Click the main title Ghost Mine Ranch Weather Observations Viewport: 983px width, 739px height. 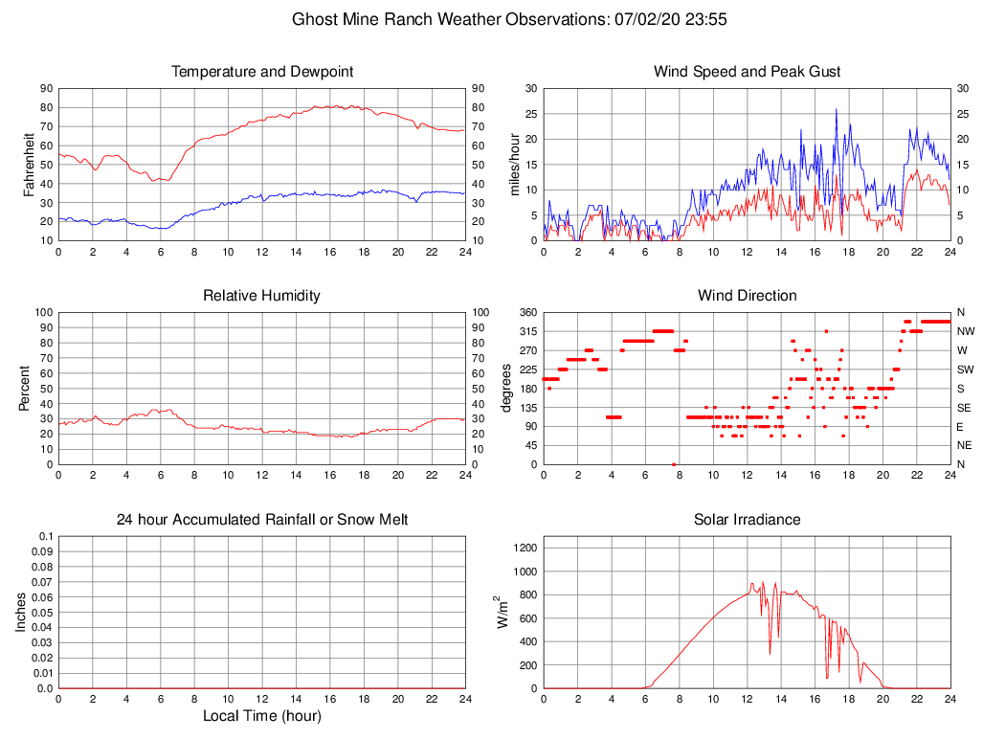point(509,19)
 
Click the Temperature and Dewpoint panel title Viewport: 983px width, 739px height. point(261,72)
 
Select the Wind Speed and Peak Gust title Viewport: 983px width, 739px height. point(747,72)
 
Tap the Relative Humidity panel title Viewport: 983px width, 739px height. point(261,296)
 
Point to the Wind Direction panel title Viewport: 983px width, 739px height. point(747,296)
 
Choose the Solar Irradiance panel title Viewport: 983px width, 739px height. point(747,520)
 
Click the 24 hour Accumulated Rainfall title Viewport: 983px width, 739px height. point(261,520)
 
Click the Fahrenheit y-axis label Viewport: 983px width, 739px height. point(30,164)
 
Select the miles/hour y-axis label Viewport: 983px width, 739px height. point(515,164)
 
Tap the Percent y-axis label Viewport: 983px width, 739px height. point(24,388)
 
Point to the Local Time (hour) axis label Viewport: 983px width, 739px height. point(261,716)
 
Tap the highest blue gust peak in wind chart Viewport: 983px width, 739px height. point(836,109)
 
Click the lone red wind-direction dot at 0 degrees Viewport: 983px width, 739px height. point(674,464)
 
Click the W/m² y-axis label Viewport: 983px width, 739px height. point(502,612)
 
